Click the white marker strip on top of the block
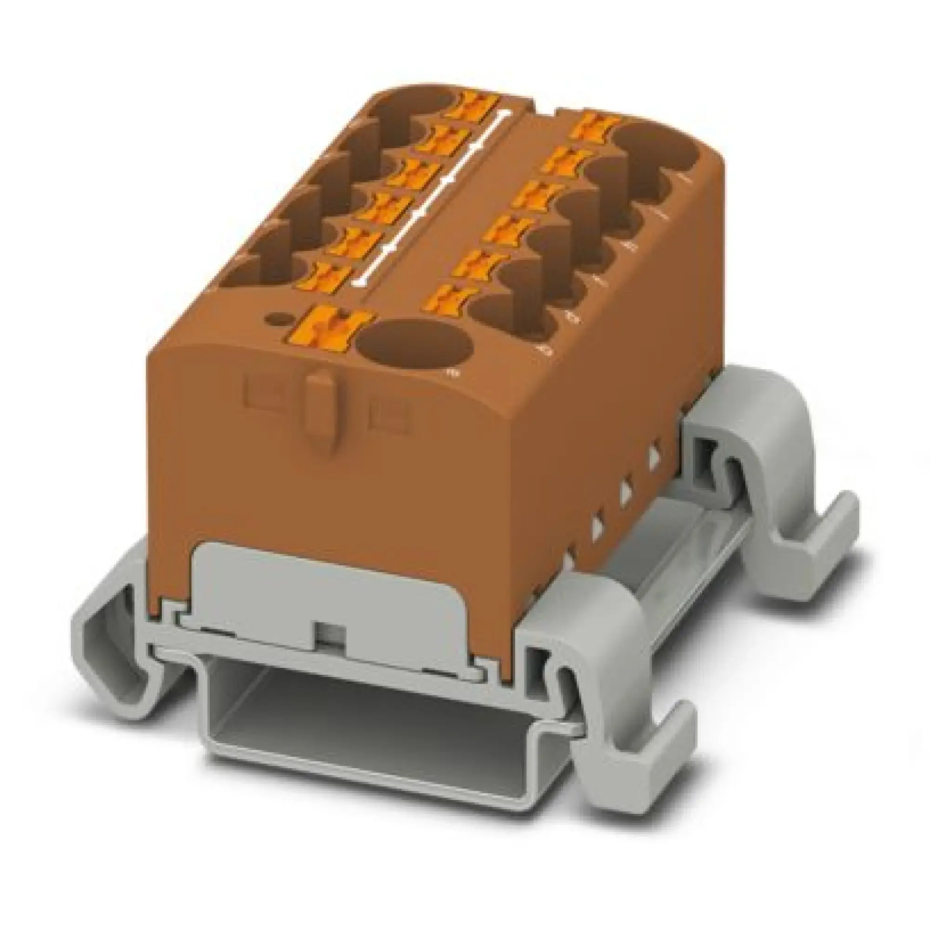pyautogui.click(x=433, y=193)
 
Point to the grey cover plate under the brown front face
pyautogui.click(x=318, y=597)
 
